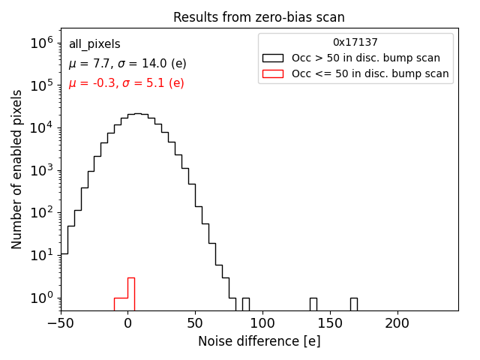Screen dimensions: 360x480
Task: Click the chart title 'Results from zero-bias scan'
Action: pyautogui.click(x=259, y=17)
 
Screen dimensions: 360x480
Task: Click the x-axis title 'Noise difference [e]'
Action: pyautogui.click(x=259, y=341)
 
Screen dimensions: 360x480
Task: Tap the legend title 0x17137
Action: pyautogui.click(x=355, y=43)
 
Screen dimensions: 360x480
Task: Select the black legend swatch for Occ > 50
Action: pyautogui.click(x=274, y=58)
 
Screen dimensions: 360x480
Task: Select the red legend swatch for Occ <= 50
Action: pyautogui.click(x=274, y=73)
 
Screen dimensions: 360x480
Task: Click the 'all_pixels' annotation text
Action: pyautogui.click(x=94, y=44)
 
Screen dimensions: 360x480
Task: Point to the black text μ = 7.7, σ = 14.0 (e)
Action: pyautogui.click(x=127, y=64)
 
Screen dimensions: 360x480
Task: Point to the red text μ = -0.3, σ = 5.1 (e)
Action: pyautogui.click(x=126, y=83)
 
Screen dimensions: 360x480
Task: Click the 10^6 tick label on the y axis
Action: pyautogui.click(x=40, y=43)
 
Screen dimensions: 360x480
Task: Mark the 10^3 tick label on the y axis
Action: pyautogui.click(x=40, y=170)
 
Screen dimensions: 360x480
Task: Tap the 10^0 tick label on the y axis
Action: pyautogui.click(x=40, y=298)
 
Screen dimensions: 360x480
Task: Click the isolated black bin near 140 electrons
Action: pyautogui.click(x=313, y=304)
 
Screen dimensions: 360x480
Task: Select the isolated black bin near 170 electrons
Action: pyautogui.click(x=354, y=304)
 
